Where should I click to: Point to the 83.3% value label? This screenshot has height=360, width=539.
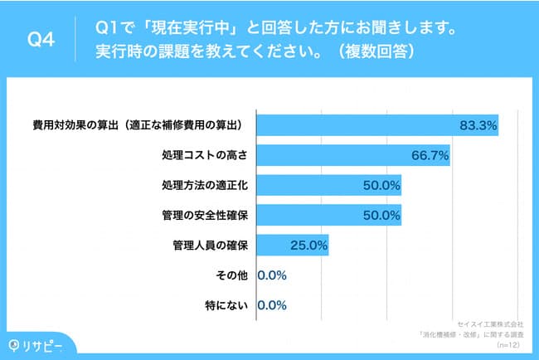pos(477,125)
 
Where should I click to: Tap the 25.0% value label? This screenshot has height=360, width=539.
pos(308,245)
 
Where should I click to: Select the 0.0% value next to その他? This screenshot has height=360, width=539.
pos(272,275)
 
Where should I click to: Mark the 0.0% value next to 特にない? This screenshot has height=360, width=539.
pos(272,304)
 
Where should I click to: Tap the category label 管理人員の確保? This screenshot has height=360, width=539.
pos(211,245)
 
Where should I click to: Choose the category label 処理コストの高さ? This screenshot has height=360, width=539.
pos(206,155)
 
